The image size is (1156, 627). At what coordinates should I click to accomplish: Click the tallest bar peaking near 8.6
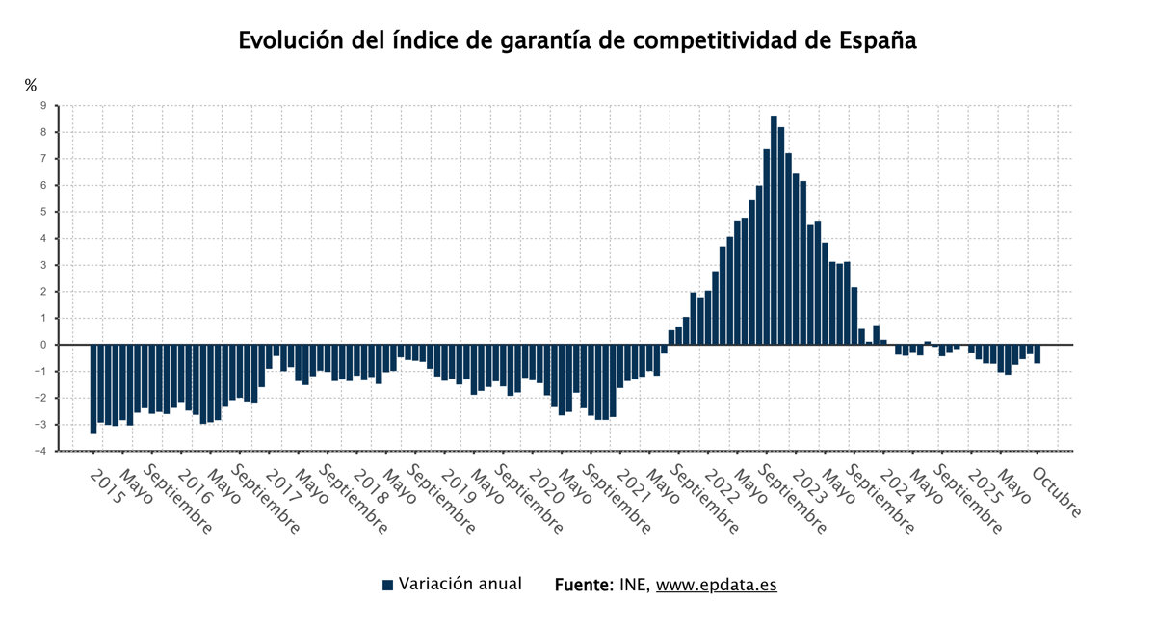pyautogui.click(x=774, y=231)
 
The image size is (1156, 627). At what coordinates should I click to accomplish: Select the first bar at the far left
pyautogui.click(x=93, y=389)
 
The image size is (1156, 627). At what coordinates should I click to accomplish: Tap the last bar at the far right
pyautogui.click(x=1038, y=353)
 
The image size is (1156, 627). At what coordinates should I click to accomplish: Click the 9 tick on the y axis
pyautogui.click(x=43, y=106)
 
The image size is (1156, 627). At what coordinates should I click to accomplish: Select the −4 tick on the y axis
pyautogui.click(x=40, y=451)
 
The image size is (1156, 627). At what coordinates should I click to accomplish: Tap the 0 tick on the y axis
pyautogui.click(x=43, y=345)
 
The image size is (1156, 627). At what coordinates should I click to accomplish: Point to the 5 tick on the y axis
pyautogui.click(x=43, y=212)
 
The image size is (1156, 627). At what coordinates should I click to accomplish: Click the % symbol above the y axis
pyautogui.click(x=30, y=86)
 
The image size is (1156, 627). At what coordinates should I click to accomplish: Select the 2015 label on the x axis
pyautogui.click(x=106, y=487)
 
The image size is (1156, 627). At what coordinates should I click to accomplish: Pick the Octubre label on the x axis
pyautogui.click(x=1057, y=493)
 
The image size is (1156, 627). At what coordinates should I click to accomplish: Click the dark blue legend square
pyautogui.click(x=388, y=585)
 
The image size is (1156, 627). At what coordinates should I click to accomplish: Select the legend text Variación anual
pyautogui.click(x=460, y=584)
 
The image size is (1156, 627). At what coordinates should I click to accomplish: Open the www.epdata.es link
pyautogui.click(x=717, y=585)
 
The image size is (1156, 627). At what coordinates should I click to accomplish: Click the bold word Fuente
pyautogui.click(x=583, y=585)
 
